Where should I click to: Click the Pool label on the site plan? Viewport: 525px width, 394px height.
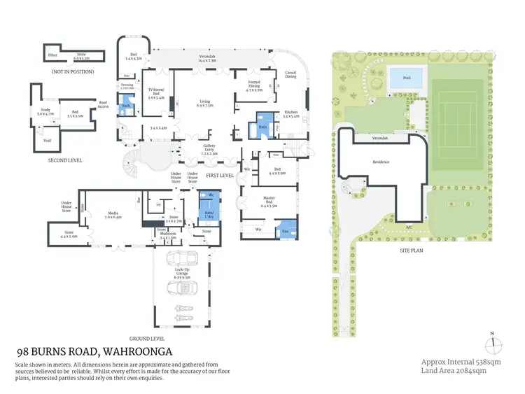click(x=407, y=78)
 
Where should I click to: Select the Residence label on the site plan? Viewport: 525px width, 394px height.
click(x=380, y=162)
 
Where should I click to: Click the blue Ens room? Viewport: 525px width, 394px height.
click(x=286, y=230)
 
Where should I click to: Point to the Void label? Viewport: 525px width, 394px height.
click(x=47, y=140)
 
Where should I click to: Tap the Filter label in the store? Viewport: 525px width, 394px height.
click(x=52, y=54)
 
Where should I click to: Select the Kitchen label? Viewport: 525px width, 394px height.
click(x=290, y=114)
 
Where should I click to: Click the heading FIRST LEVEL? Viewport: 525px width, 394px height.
click(x=220, y=175)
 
